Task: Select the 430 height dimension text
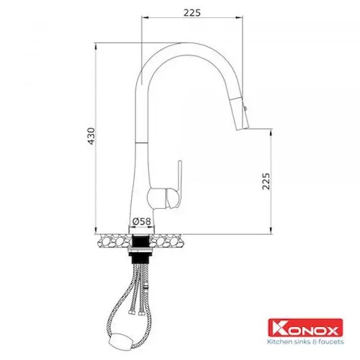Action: pos(91,136)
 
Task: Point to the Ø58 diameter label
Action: pos(142,222)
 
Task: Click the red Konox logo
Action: pos(305,327)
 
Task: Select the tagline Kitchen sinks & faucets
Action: pos(305,342)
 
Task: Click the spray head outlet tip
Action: pos(242,128)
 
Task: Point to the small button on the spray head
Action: pos(245,108)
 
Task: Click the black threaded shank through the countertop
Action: pos(141,249)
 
